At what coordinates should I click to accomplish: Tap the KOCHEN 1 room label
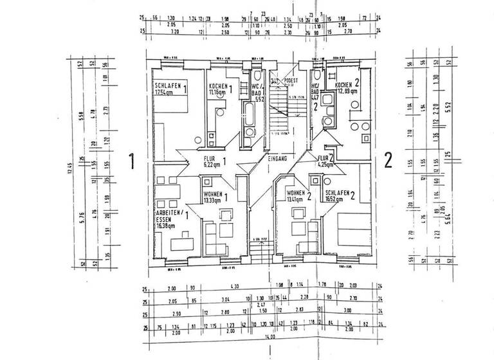pyautogui.click(x=220, y=86)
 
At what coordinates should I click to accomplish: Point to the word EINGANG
pyautogui.click(x=278, y=157)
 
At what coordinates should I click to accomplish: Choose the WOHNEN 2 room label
pyautogui.click(x=299, y=194)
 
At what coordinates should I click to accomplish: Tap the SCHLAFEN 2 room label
pyautogui.click(x=342, y=193)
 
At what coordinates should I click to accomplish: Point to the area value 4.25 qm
pyautogui.click(x=325, y=165)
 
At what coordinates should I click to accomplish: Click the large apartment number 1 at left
pyautogui.click(x=132, y=161)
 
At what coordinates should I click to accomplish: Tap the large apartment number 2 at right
pyautogui.click(x=388, y=159)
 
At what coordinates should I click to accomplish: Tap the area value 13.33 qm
pyautogui.click(x=212, y=200)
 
